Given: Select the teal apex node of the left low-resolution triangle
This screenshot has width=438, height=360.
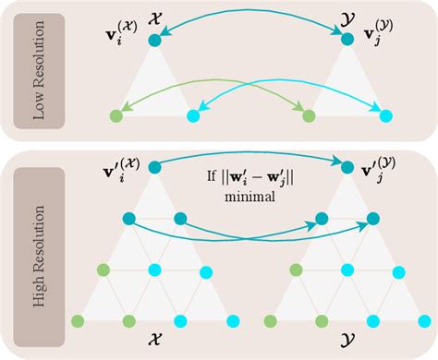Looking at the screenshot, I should (x=154, y=39).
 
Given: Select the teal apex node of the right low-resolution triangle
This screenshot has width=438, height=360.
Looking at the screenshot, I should (x=347, y=40).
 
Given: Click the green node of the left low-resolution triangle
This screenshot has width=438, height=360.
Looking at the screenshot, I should (x=115, y=116).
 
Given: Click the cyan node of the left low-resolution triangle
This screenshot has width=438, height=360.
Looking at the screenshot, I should (x=193, y=116).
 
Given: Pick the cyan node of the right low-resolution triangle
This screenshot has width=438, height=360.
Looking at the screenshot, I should (x=385, y=116).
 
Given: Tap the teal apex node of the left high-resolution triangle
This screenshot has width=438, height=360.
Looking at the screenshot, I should (x=154, y=167).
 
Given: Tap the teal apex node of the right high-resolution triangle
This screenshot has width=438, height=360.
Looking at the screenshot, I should (x=347, y=167).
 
